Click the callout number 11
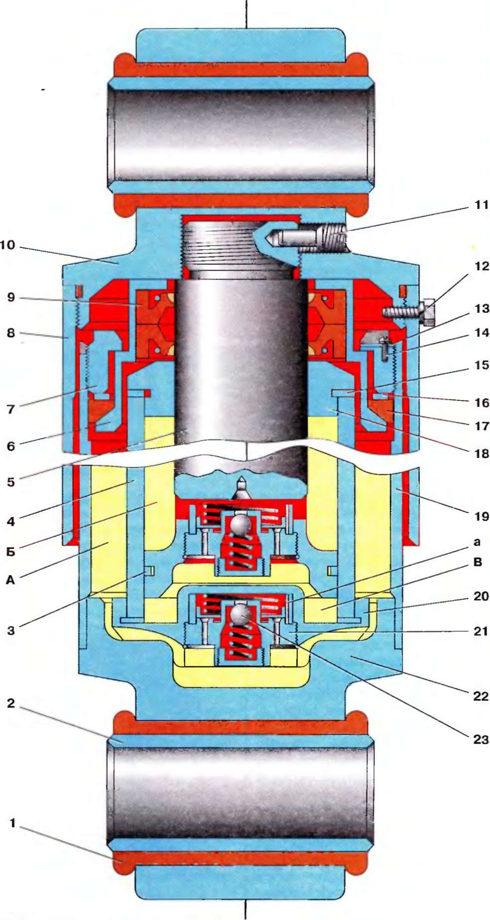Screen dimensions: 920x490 (x=481, y=205)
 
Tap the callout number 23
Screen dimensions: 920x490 (x=481, y=739)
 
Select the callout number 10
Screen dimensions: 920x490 (x=7, y=245)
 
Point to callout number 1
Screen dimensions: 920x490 (x=12, y=823)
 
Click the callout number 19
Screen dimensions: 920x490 (x=481, y=516)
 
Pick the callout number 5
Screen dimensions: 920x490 (x=10, y=482)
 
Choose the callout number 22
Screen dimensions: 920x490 (x=481, y=696)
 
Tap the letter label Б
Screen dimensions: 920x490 (x=10, y=551)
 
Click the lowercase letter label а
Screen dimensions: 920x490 (x=477, y=542)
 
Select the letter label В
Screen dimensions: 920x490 (x=478, y=562)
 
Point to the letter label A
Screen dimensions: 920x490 (x=10, y=579)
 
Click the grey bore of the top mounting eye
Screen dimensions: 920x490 (x=241, y=134)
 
